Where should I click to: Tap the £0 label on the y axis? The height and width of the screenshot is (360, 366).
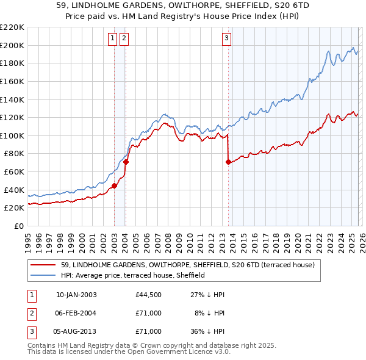[18, 226]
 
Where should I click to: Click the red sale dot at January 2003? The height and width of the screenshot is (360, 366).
[114, 185]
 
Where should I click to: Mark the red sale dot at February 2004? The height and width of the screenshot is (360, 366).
[126, 162]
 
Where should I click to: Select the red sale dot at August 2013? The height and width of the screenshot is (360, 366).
[228, 162]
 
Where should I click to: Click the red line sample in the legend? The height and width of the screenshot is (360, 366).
[43, 265]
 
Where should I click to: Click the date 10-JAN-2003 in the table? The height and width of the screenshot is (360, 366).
[76, 295]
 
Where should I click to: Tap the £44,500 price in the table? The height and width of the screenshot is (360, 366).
[148, 295]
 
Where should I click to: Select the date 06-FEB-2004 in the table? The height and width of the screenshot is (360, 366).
[76, 313]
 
